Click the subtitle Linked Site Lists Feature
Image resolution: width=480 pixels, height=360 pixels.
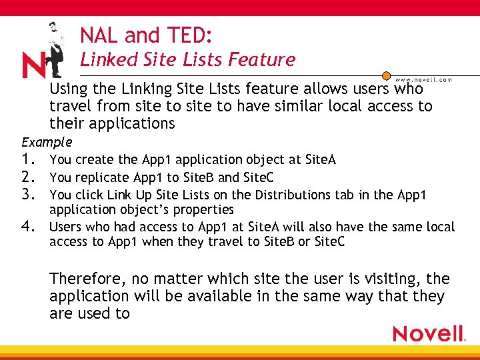click(187, 60)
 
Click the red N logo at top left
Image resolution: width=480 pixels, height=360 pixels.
click(33, 65)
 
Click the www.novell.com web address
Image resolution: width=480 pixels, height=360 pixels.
click(423, 79)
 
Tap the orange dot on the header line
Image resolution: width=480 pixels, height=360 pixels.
click(385, 76)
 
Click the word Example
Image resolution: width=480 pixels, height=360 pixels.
click(47, 142)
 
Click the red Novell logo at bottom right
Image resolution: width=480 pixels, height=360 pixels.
click(429, 333)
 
